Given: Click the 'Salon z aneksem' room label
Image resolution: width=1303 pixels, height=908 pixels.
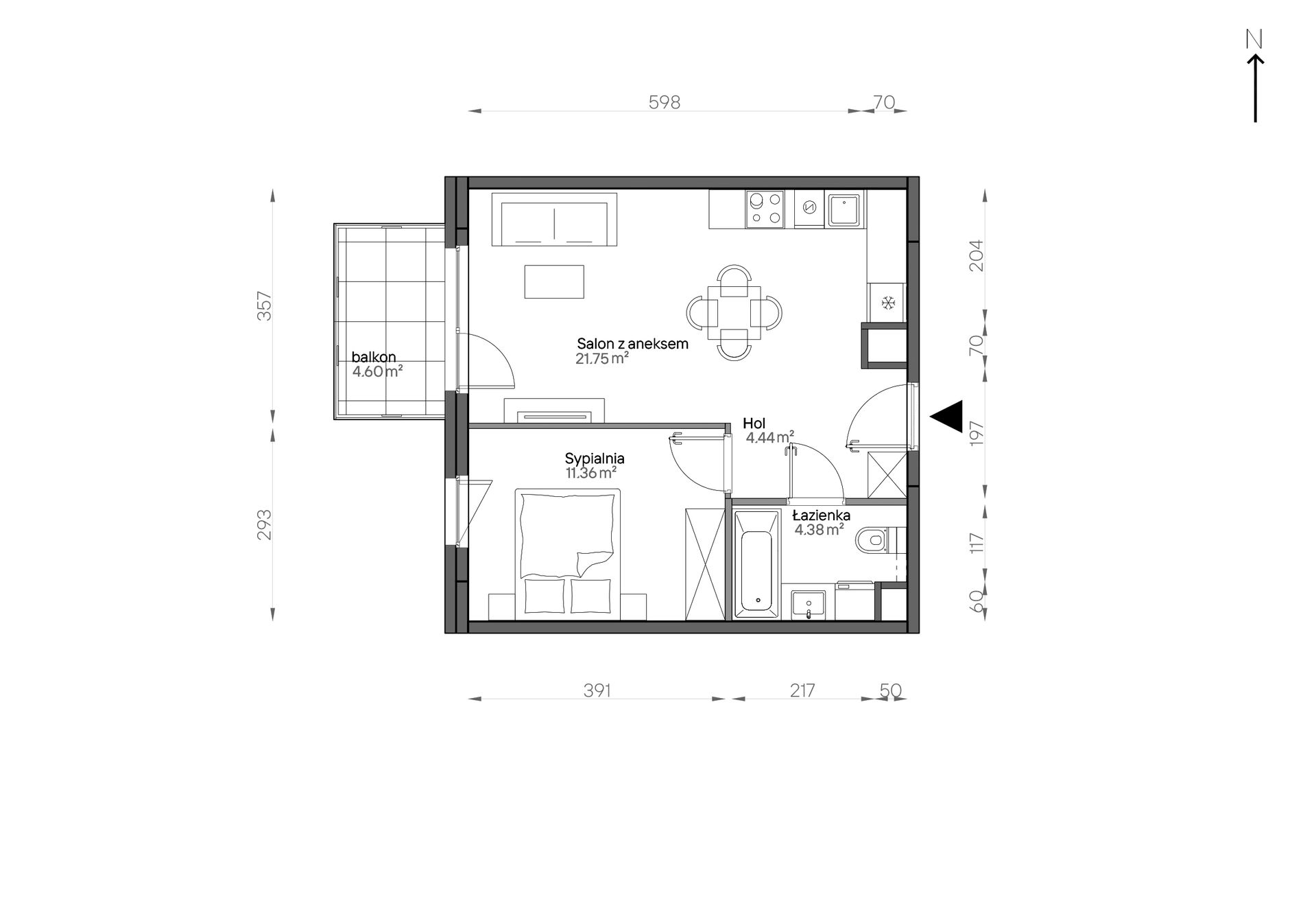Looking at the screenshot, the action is point(632,344).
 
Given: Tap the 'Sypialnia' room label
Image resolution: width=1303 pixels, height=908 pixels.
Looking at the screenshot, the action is point(595,458).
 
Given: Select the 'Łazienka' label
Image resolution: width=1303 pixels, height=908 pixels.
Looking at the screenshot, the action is point(822,515).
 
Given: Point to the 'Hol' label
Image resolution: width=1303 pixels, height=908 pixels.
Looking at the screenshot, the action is point(754,423).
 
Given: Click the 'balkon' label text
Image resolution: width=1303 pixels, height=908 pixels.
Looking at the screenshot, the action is point(374,357).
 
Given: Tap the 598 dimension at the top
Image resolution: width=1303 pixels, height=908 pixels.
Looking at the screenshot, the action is point(665,102).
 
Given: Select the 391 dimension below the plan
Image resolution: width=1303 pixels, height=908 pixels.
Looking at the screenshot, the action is point(597,690).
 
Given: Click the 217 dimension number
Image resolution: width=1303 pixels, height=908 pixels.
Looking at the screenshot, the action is point(802,690).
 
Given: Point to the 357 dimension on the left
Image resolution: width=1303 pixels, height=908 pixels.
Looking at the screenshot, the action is point(265,306).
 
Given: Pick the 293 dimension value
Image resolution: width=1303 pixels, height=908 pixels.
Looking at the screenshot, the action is point(265,524).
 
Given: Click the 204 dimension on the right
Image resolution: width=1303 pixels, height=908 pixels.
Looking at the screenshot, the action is point(976,255).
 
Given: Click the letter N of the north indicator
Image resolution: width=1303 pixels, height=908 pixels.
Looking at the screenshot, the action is point(1254,40).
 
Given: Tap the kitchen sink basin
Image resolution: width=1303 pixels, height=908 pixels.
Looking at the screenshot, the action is point(844,210).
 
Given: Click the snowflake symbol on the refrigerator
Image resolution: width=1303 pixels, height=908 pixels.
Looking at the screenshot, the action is point(888,303).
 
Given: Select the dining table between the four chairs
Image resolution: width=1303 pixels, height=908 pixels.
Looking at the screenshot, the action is point(734,312).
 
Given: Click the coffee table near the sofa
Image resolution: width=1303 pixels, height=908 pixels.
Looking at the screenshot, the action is point(554,281).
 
